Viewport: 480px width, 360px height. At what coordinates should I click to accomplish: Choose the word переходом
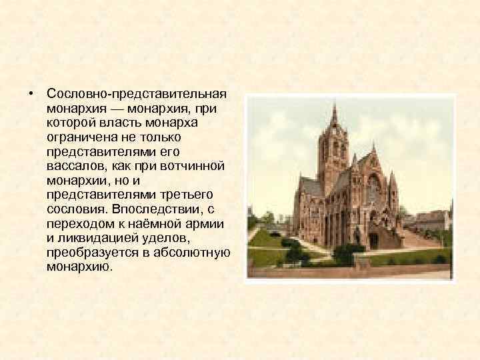click(x=78, y=223)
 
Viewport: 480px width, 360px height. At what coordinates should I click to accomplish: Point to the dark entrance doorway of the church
click(x=373, y=239)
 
